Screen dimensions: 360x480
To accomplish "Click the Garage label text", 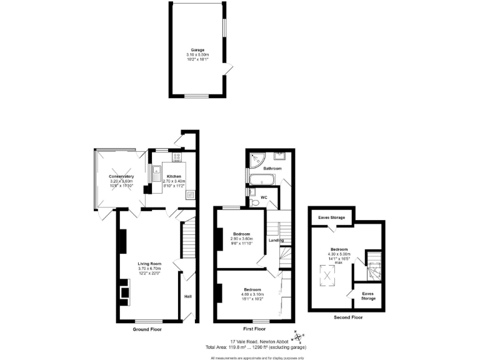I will click(197, 50).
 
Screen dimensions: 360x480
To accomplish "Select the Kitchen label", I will click(174, 176).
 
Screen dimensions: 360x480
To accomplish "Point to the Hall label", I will click(187, 296).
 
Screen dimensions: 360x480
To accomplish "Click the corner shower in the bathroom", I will click(256, 161).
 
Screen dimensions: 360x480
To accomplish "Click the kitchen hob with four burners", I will click(177, 156).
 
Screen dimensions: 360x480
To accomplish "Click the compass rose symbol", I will click(297, 338).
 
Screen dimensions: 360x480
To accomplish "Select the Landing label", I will click(276, 241).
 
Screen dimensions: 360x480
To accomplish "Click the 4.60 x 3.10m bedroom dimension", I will click(252, 294).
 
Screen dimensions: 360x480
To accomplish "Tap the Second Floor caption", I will click(347, 317).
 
